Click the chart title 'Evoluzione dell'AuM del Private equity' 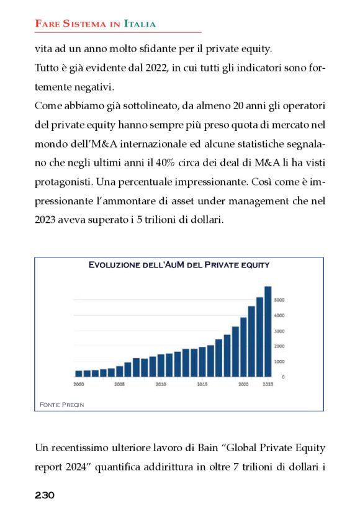pyautogui.click(x=179, y=265)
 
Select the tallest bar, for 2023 pyautogui.click(x=268, y=332)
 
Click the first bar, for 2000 pyautogui.click(x=79, y=373)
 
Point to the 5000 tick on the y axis pyautogui.click(x=280, y=300)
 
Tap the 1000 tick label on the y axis pyautogui.click(x=280, y=361)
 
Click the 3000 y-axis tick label pyautogui.click(x=280, y=331)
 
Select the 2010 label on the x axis pyautogui.click(x=161, y=385)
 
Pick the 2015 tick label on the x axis pyautogui.click(x=202, y=385)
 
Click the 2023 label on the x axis pyautogui.click(x=268, y=385)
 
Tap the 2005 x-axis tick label pyautogui.click(x=119, y=385)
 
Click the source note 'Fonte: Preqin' pyautogui.click(x=61, y=405)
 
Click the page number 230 pyautogui.click(x=45, y=495)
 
